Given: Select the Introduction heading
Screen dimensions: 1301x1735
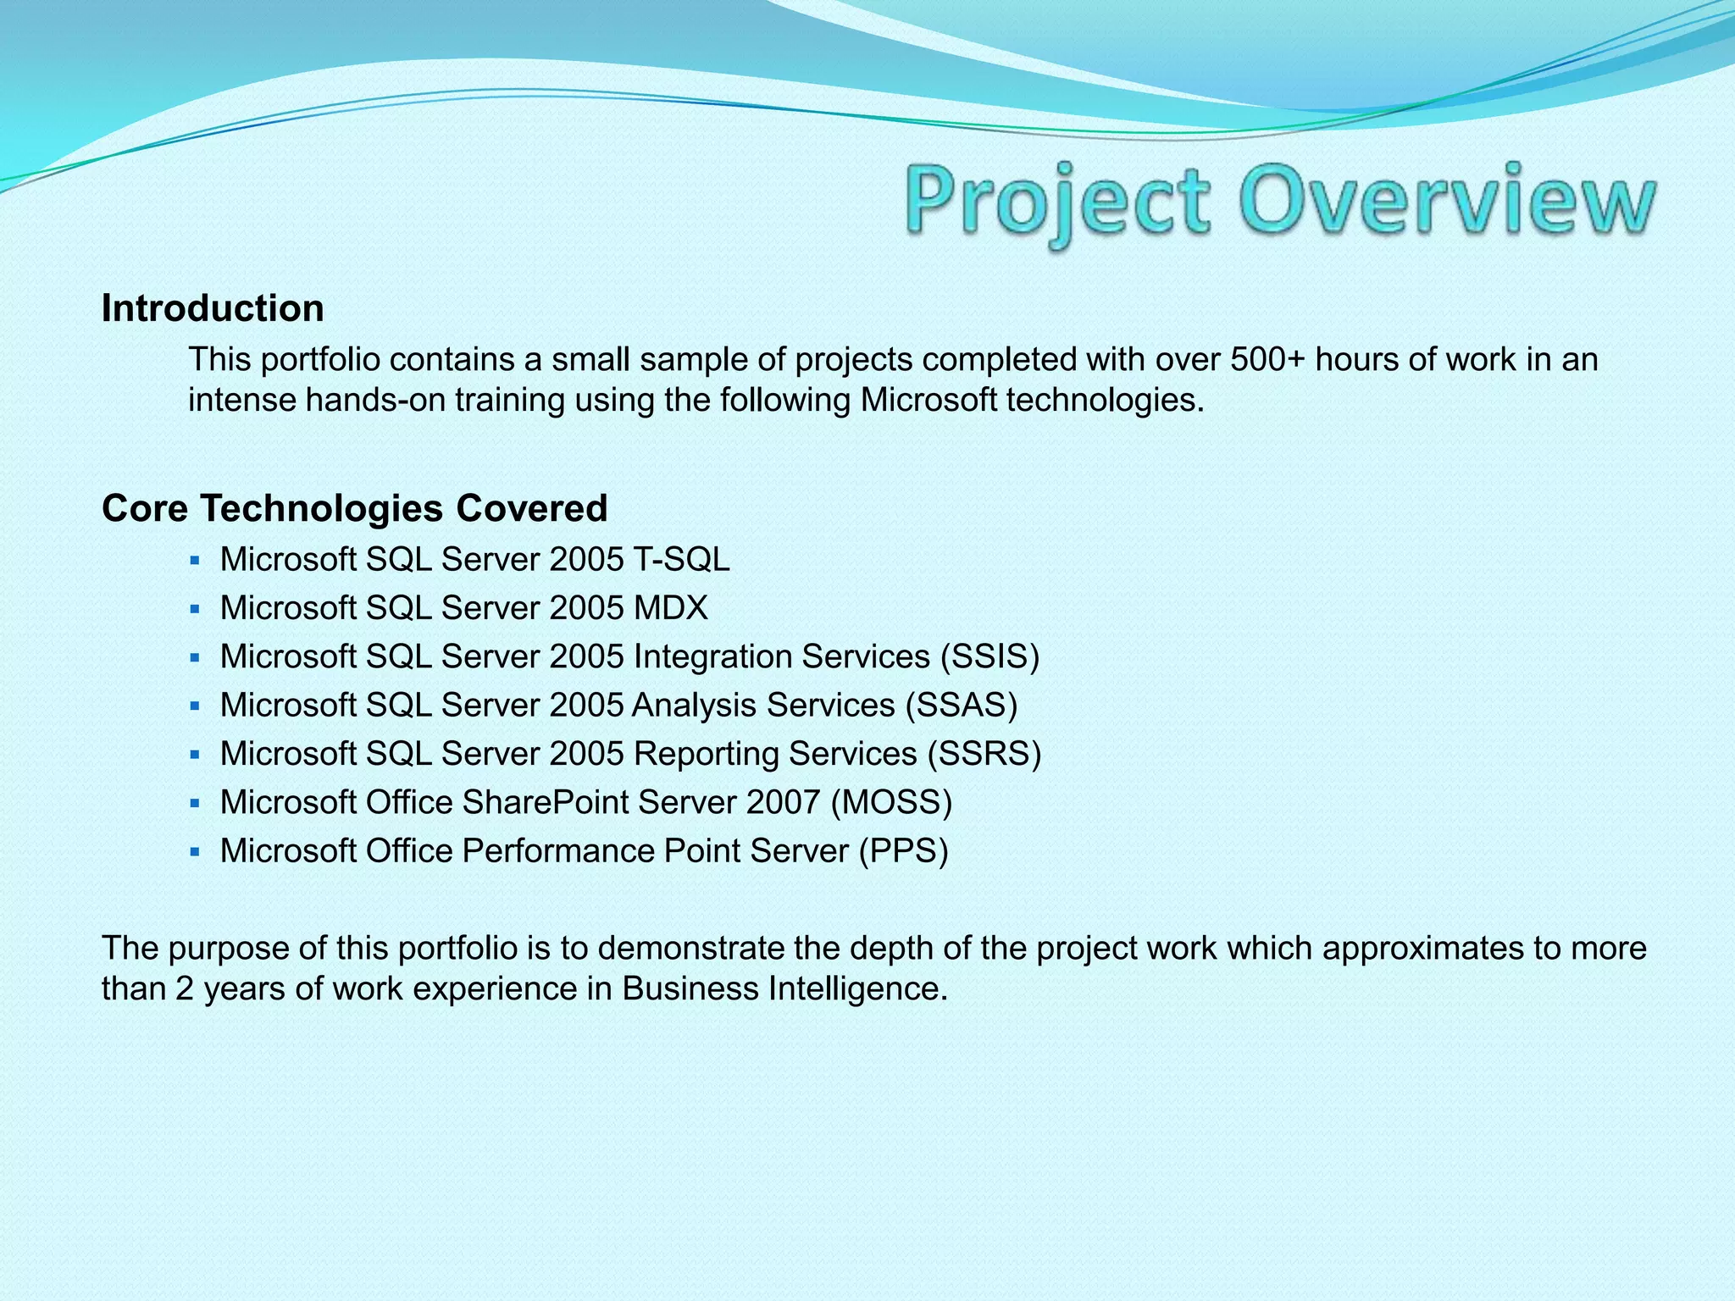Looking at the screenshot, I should tap(213, 308).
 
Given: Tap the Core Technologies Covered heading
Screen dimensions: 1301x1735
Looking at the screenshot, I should tap(354, 508).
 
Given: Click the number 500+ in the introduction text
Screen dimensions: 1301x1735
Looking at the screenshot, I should tap(1267, 360).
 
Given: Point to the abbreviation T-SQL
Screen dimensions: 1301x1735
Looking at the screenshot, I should tap(681, 560).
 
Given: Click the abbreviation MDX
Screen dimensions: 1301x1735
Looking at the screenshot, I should tap(670, 608).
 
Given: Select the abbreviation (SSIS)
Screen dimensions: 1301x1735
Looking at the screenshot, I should tap(989, 657).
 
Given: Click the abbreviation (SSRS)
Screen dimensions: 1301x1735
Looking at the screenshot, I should tap(984, 754).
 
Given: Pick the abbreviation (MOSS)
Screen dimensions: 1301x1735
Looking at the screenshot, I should tap(891, 802).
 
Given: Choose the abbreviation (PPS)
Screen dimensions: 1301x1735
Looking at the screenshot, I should tap(903, 851).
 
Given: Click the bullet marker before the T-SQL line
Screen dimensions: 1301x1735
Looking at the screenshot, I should tap(195, 561).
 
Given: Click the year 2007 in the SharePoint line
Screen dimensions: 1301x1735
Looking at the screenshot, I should tap(783, 802).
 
